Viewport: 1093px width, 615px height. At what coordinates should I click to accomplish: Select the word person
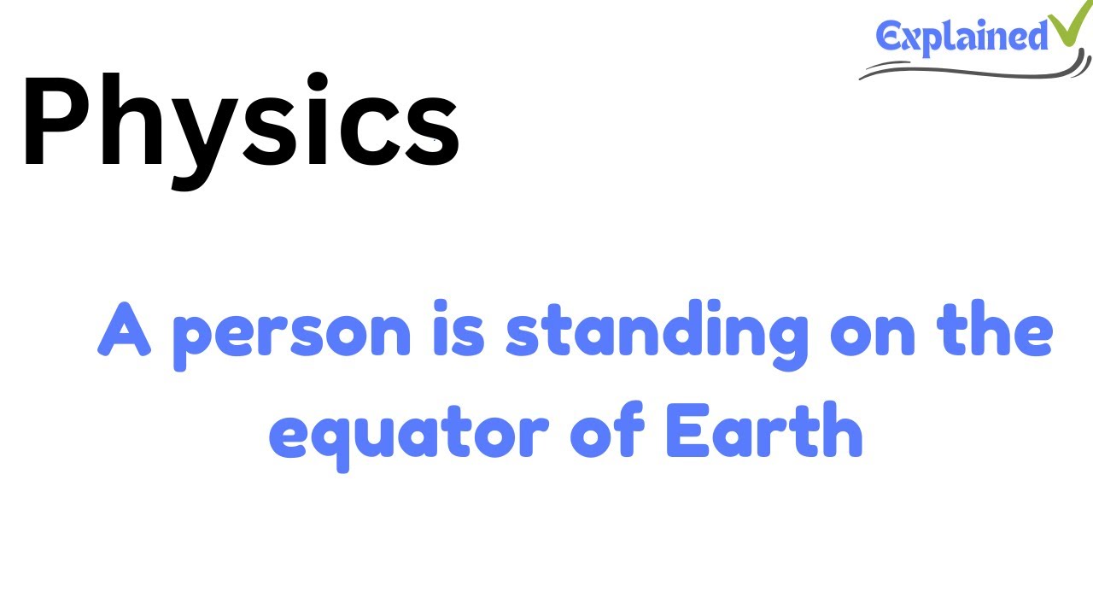click(x=292, y=335)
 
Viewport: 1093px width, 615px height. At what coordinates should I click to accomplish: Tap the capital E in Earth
click(x=683, y=432)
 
